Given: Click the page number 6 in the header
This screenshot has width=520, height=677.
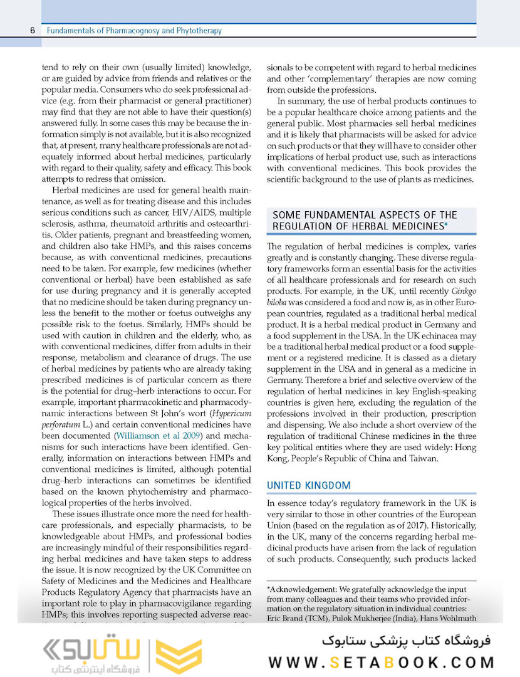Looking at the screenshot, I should coord(31,30).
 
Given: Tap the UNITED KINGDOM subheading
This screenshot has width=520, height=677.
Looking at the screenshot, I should coord(309,485).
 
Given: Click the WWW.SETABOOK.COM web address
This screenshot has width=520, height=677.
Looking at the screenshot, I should coord(382,662).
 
